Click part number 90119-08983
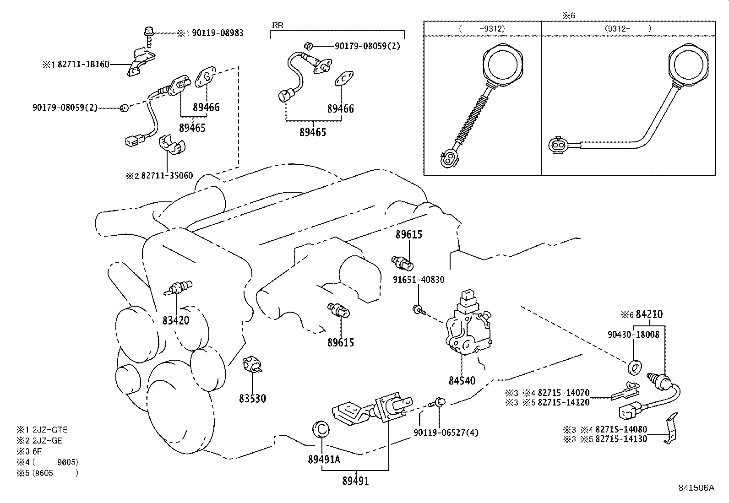point(218,33)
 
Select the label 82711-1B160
point(83,65)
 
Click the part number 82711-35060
point(167,176)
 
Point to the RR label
point(277,25)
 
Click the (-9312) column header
point(482,28)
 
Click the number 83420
point(175,320)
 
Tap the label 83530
point(252,399)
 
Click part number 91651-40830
point(419,279)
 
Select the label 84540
point(462,380)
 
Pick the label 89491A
point(324,460)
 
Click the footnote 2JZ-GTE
point(49,430)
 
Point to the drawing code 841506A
point(696,488)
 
